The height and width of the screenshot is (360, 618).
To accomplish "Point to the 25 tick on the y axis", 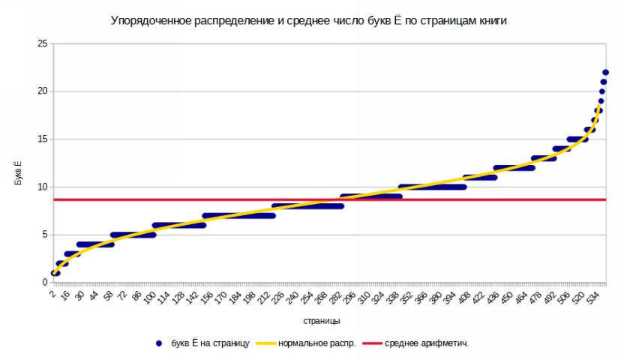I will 43,43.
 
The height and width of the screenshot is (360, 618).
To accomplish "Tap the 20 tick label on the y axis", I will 43,91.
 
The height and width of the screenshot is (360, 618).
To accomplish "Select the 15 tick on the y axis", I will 43,139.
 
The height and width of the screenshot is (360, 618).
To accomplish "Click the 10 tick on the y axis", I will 43,187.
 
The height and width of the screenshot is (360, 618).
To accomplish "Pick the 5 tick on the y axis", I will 45,235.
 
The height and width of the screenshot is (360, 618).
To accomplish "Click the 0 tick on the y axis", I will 45,283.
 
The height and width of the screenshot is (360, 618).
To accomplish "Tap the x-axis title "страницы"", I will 322,321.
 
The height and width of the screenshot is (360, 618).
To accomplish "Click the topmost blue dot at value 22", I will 605,73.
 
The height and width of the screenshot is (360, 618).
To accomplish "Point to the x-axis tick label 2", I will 53,294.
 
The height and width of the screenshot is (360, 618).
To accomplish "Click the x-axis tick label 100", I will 148,298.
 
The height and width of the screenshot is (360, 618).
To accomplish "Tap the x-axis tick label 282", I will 336,298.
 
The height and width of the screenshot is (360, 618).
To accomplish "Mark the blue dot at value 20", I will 602,91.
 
